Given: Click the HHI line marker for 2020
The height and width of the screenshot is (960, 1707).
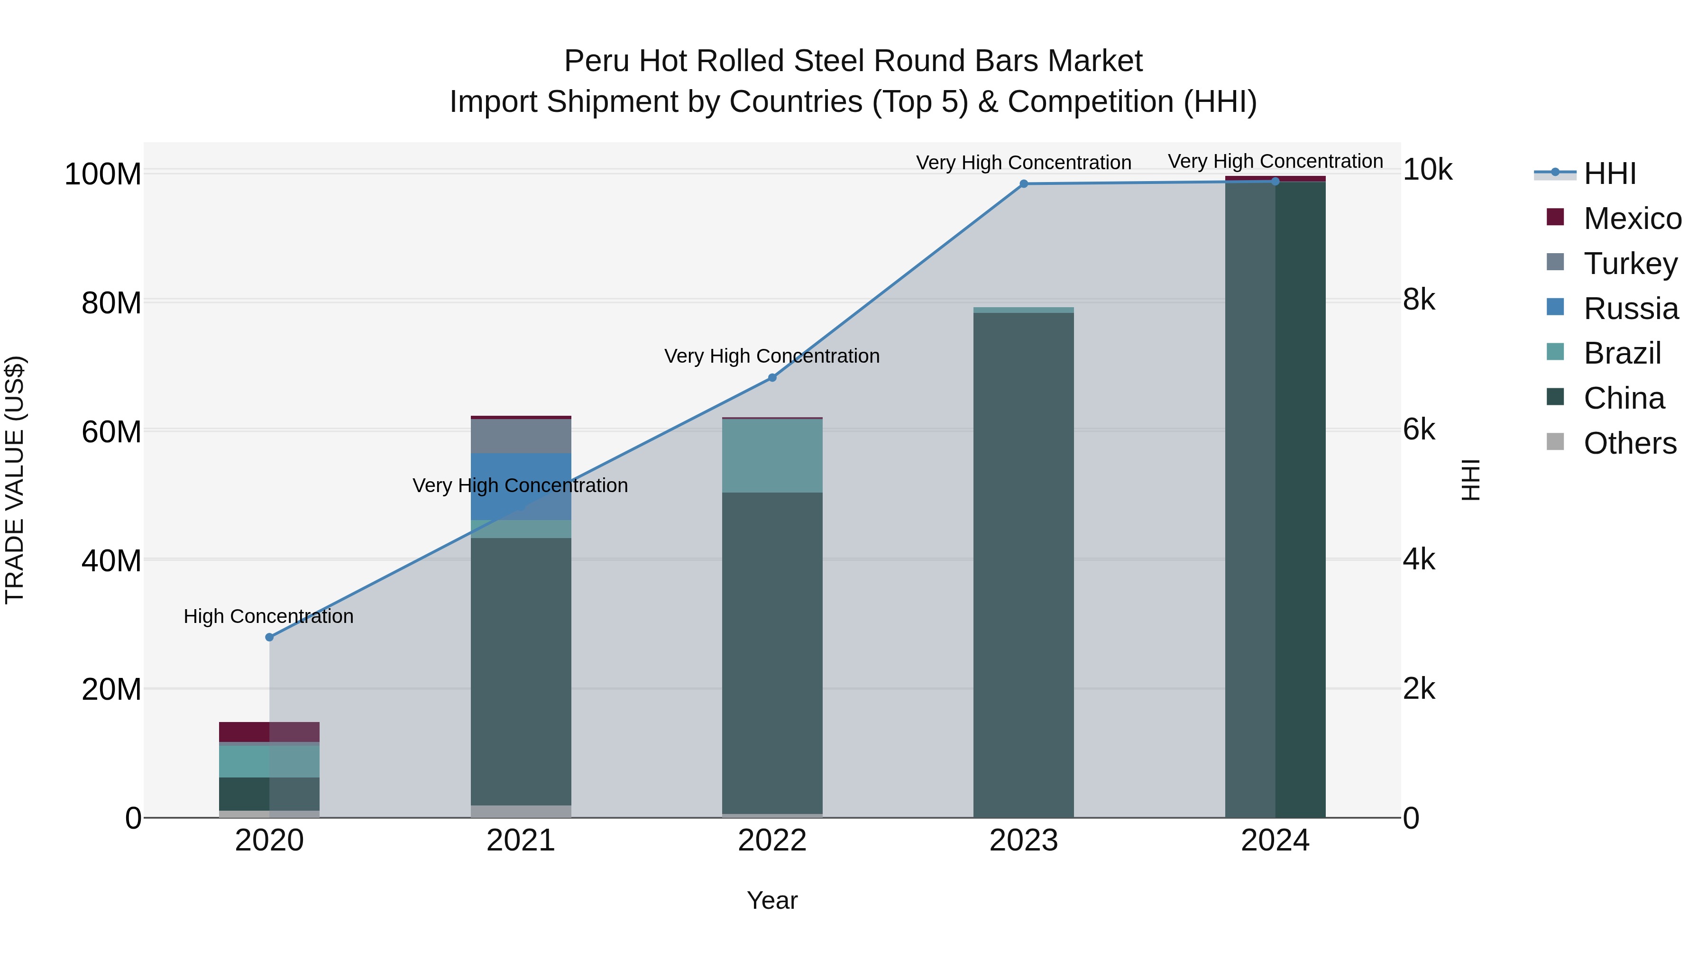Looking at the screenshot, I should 269,637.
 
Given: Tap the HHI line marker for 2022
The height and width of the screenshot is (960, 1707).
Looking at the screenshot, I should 772,378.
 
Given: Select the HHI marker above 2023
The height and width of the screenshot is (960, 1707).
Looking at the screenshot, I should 1024,183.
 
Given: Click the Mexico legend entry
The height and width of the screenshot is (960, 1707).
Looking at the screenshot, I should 1632,219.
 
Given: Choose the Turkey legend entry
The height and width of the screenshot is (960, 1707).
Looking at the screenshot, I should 1630,263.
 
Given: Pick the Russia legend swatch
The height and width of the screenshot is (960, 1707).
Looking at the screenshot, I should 1555,307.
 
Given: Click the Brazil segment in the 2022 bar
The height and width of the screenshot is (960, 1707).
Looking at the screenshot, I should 772,455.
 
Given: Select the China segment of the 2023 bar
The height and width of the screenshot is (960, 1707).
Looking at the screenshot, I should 1024,563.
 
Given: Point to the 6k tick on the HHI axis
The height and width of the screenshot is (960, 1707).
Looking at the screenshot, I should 1419,430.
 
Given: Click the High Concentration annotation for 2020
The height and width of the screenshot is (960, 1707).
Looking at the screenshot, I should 268,616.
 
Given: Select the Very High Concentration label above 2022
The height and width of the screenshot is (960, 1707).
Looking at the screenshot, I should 772,356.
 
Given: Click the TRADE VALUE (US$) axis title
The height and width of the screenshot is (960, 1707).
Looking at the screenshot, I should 15,480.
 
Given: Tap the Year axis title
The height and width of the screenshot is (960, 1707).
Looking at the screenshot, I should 772,900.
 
